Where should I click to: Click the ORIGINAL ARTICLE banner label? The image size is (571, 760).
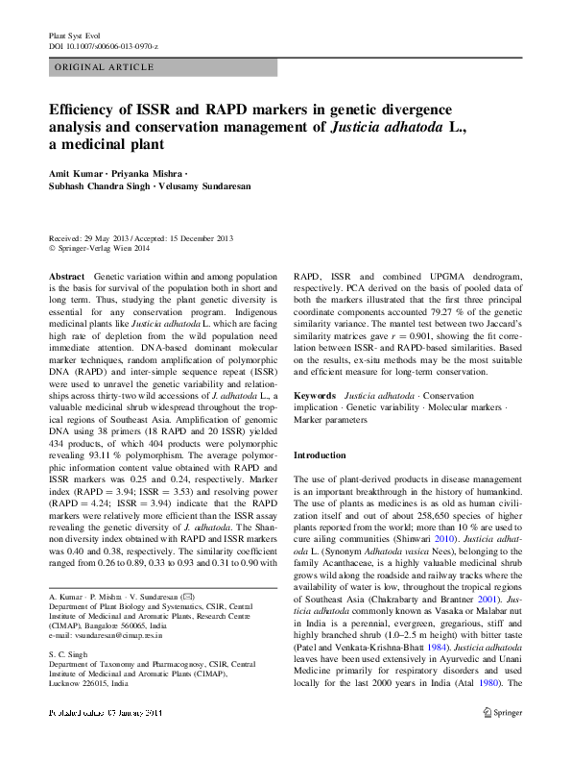click(x=105, y=67)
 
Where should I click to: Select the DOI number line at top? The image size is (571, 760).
click(x=103, y=46)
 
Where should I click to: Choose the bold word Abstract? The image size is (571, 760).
click(x=66, y=276)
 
